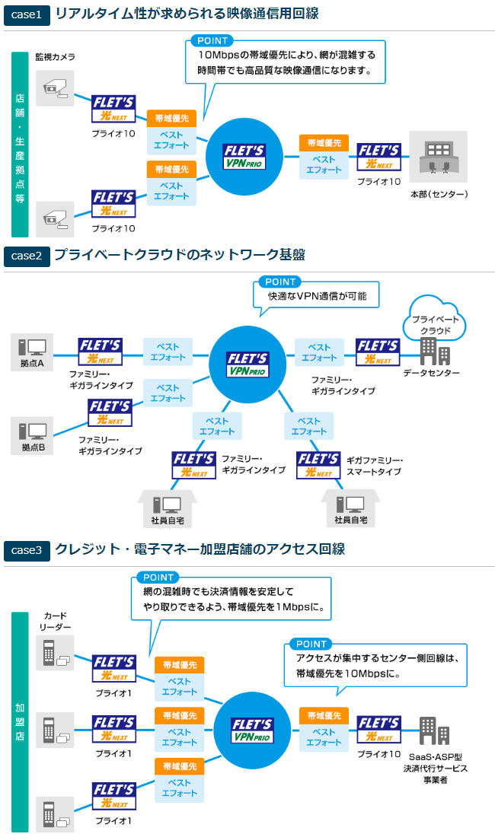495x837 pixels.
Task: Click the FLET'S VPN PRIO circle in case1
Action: click(x=244, y=155)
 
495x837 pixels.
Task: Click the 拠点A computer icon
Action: click(x=33, y=347)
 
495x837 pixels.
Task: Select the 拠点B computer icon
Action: click(x=33, y=431)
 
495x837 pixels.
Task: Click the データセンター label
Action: click(x=432, y=373)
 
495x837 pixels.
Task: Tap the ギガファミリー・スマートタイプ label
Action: click(x=374, y=466)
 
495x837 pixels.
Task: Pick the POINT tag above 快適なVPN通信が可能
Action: click(x=280, y=282)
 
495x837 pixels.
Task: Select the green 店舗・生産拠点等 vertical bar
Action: click(x=20, y=144)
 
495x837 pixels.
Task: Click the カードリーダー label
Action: click(x=56, y=620)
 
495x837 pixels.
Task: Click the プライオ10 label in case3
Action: click(x=379, y=753)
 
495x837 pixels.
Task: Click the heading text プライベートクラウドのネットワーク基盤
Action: click(x=179, y=255)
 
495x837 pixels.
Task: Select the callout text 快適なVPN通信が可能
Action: click(x=322, y=297)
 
